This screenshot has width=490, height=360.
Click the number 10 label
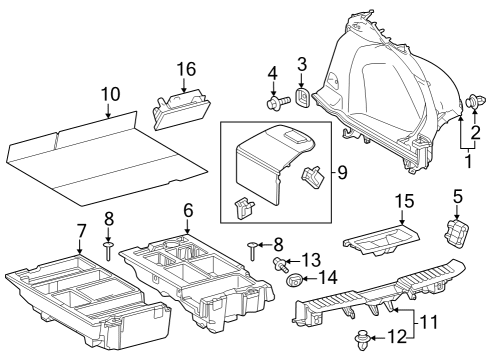pos(110,94)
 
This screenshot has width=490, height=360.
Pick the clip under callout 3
pos(300,97)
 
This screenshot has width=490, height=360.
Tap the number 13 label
pos(312,259)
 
